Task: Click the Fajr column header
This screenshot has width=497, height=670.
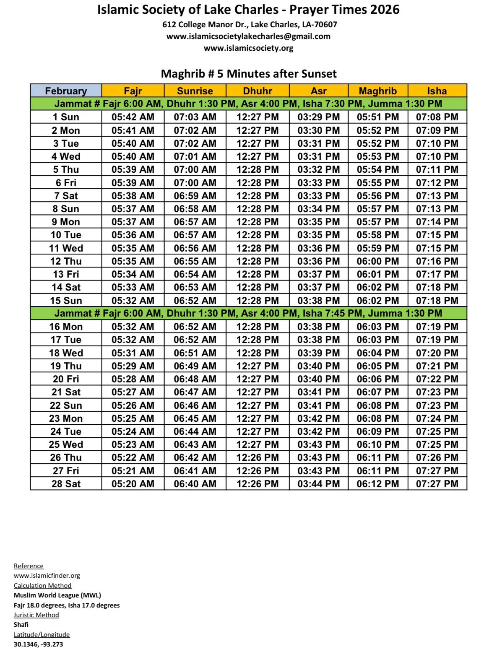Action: (133, 91)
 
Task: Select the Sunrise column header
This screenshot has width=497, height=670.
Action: (195, 91)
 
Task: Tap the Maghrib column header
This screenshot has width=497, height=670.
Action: (377, 91)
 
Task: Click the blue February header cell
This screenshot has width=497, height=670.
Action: (66, 91)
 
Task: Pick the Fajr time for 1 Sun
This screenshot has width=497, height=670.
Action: (133, 117)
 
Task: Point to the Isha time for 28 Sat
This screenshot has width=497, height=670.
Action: (437, 483)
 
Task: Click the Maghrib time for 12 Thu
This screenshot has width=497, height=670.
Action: (377, 261)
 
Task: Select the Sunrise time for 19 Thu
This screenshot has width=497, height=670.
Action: (195, 366)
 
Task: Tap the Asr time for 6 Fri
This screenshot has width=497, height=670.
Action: (318, 182)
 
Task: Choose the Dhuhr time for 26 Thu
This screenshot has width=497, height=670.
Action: (258, 457)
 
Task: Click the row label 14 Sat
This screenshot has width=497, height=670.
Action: (66, 287)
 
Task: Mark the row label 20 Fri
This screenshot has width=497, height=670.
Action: (66, 379)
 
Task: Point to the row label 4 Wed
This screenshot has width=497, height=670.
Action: (66, 156)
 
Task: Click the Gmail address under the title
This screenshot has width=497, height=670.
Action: (248, 36)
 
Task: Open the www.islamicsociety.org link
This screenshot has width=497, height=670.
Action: (248, 48)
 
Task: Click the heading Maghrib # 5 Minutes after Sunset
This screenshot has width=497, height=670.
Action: (249, 74)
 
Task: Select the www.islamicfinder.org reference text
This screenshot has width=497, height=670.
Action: (47, 576)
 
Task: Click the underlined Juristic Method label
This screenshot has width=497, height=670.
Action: (36, 615)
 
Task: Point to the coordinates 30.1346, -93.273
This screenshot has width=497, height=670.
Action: (39, 644)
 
